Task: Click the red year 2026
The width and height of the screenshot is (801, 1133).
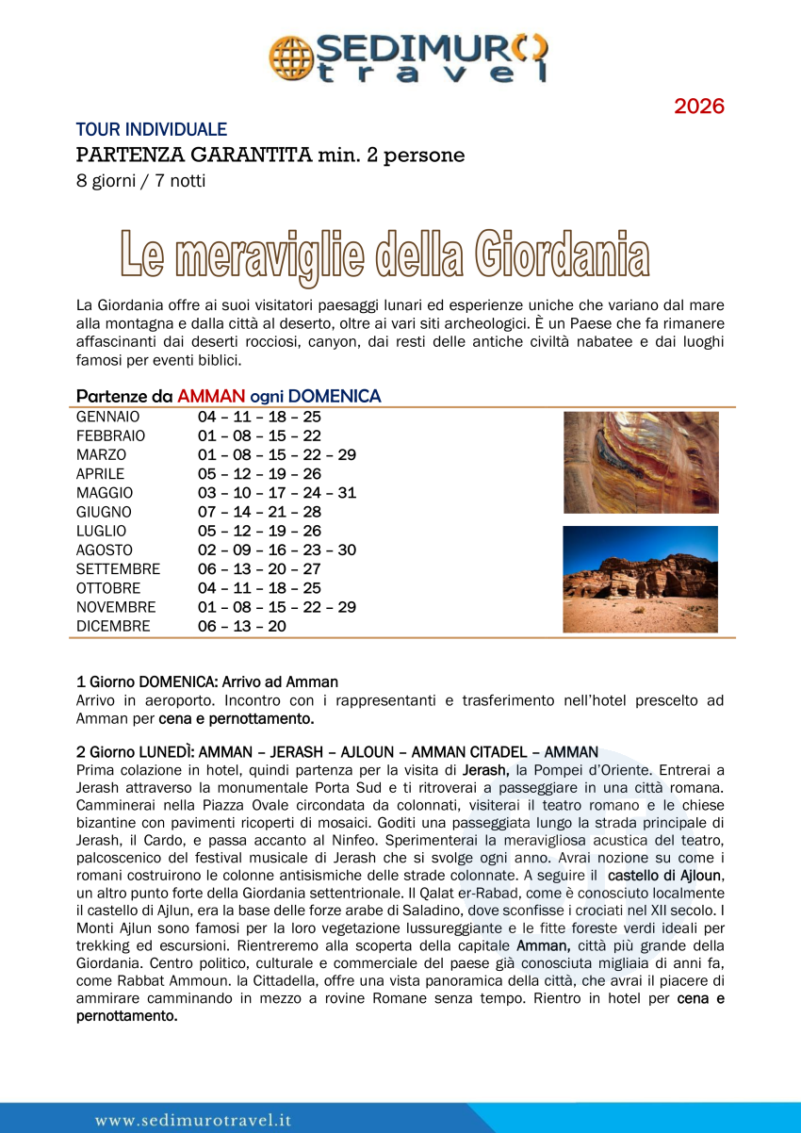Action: coord(698,107)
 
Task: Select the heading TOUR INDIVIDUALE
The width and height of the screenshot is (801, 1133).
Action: coord(151,130)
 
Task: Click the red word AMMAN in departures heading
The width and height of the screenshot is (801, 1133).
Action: coord(211,397)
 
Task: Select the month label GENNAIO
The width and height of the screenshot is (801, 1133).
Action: coord(107,417)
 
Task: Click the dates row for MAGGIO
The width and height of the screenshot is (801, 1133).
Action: coord(277,493)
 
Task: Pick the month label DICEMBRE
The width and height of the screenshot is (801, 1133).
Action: coord(113,626)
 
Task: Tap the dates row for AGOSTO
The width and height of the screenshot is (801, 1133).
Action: coord(277,550)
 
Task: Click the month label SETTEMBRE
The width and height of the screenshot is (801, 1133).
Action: coord(118,569)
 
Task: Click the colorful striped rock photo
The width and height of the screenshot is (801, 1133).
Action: coord(641,462)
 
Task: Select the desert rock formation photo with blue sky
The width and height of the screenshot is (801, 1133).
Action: coord(640,579)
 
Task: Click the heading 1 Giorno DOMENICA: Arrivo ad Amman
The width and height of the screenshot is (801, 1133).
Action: coord(206,681)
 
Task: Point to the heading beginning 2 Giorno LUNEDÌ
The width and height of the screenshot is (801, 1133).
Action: coord(336,752)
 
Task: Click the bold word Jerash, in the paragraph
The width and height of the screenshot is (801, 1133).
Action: coord(486,770)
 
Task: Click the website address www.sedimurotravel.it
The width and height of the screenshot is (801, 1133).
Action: coord(193,1120)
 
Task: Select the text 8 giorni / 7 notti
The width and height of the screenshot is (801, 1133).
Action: coord(140,180)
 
